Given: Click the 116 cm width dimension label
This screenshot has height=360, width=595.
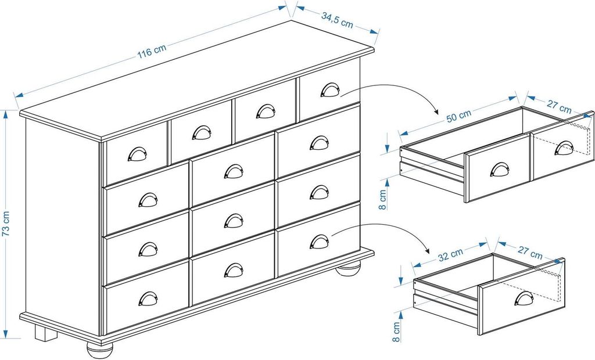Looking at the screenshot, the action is pos(152,51).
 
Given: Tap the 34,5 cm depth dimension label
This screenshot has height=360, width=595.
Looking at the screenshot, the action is pos(337,20).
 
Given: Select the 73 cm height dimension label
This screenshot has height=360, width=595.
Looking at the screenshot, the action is pos(6,224).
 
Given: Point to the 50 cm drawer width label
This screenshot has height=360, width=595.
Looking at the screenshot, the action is pos(458,116).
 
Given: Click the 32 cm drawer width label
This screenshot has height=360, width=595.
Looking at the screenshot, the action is pos(450,255).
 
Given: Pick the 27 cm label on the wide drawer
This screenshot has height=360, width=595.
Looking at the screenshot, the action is pos(559,106).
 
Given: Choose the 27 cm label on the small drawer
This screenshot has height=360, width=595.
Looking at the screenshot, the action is pos(530,252).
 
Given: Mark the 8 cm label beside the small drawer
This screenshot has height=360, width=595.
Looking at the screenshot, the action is pos(396,332).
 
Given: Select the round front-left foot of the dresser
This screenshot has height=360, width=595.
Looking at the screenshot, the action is pos(100,349).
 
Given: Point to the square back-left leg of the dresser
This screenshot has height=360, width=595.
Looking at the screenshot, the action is pos(46,333).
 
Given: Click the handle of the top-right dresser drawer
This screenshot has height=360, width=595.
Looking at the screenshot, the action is pos(330,90).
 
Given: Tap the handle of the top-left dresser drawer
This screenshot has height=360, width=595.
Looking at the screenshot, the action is pos(137,154).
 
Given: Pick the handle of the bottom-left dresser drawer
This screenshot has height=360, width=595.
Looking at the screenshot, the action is pos(148,298).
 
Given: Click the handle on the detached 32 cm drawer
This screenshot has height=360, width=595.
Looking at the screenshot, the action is pos(524,298).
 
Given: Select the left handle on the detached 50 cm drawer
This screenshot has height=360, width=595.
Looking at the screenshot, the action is pos(500,170).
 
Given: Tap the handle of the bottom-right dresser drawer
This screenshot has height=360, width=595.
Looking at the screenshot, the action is pos(320,242).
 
